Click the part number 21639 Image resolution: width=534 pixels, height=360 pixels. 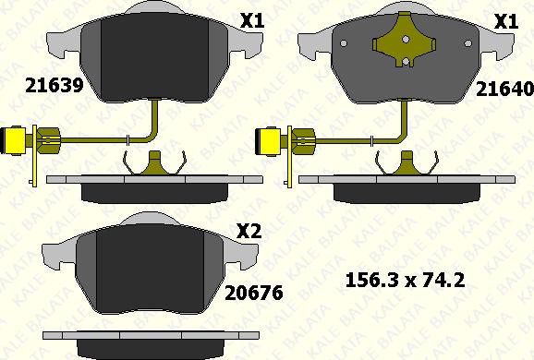(55, 85)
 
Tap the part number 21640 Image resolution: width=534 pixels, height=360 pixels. (504, 89)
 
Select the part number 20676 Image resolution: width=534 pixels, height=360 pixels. (254, 293)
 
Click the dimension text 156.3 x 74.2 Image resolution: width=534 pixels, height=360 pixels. (405, 281)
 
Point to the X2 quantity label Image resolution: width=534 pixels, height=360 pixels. (249, 232)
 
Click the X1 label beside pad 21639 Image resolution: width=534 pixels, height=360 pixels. (252, 21)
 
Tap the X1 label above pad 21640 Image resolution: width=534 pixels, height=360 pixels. (506, 21)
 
